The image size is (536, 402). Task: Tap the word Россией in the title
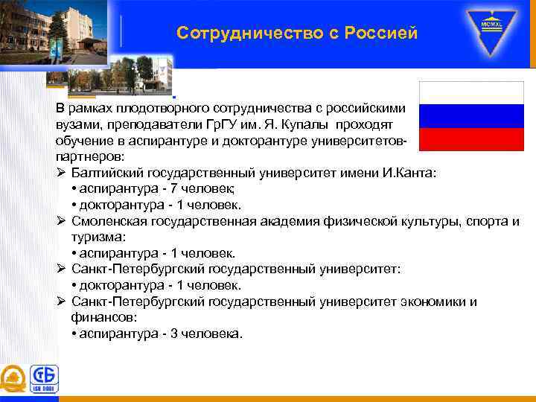[381, 33]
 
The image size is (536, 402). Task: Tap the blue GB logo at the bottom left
[42, 378]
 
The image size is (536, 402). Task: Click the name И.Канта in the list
[412, 173]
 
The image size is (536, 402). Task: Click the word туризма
[98, 237]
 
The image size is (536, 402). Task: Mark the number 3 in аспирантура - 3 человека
[174, 334]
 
